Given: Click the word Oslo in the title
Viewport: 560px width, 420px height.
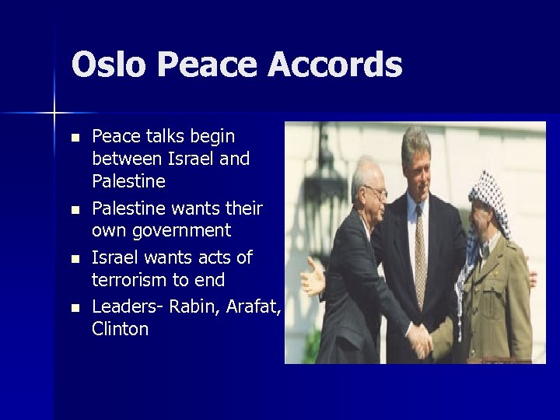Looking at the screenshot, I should [108, 65].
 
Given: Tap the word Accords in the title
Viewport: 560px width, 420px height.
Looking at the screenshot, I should [335, 65].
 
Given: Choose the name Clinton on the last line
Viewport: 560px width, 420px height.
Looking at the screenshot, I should [120, 329].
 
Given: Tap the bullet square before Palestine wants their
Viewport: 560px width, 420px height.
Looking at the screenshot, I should [74, 210].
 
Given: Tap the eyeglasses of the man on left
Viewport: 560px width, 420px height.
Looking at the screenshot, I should [375, 190].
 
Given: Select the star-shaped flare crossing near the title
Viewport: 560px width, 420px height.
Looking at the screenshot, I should [54, 114].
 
